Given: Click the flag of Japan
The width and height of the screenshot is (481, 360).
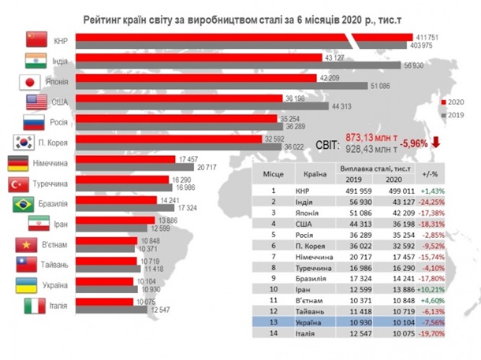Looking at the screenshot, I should (x=28, y=81).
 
